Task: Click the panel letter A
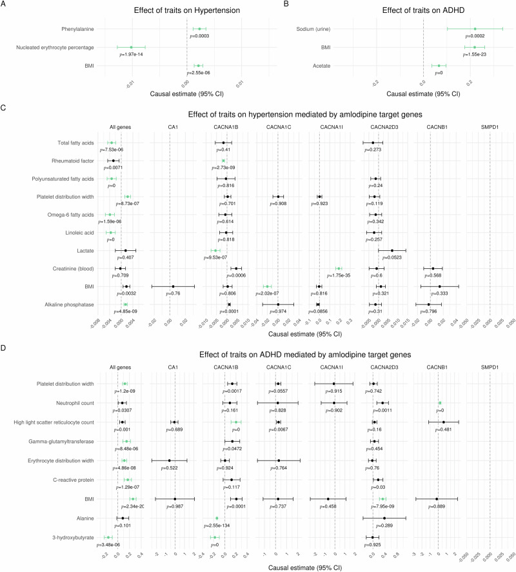click(5, 5)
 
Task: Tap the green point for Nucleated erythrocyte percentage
click(131, 47)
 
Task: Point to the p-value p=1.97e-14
click(134, 54)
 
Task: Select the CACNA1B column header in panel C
click(224, 126)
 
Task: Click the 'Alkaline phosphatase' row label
click(70, 304)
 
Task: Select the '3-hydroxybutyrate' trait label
click(72, 537)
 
